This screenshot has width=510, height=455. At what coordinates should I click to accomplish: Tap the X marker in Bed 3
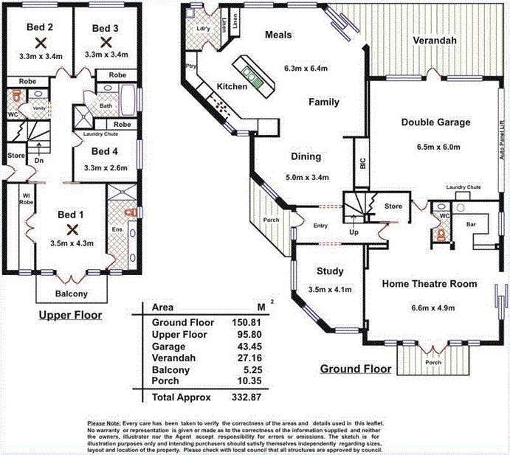pos(106,42)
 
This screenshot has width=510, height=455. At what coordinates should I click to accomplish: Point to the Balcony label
pos(72,294)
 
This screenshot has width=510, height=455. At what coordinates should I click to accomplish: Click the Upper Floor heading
pos(70,316)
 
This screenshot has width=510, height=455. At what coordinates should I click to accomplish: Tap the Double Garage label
pos(435,122)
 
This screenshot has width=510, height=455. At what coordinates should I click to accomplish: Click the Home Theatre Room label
pos(430,283)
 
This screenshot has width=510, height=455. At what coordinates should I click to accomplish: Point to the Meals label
pos(279,35)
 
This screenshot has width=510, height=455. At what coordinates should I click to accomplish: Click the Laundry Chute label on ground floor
pos(464,187)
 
